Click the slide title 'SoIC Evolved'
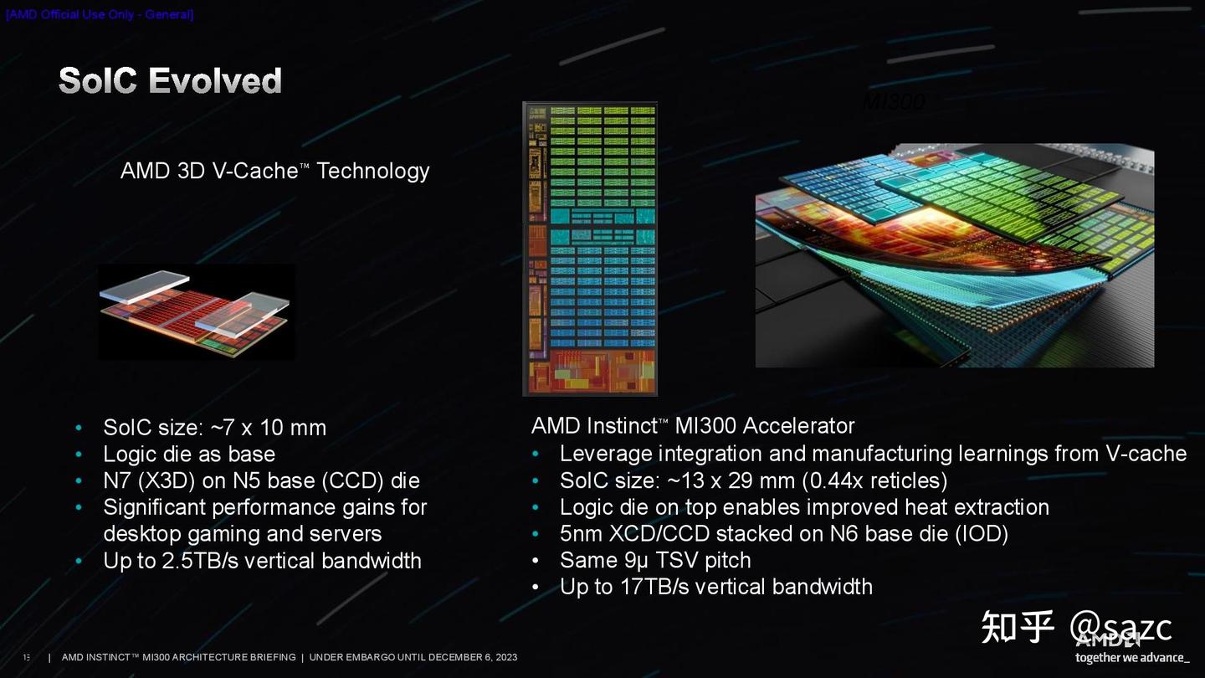click(x=170, y=81)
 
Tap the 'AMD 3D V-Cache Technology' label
click(x=274, y=171)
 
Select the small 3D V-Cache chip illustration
click(x=196, y=312)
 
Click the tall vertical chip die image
click(x=590, y=249)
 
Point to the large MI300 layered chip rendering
click(x=954, y=255)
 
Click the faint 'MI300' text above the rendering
click(x=894, y=102)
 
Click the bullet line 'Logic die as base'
click(x=189, y=455)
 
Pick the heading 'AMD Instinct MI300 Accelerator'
click(x=693, y=426)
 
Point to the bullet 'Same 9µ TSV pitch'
click(x=655, y=560)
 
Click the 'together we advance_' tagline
click(x=1131, y=658)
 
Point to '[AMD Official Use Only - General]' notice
click(x=100, y=15)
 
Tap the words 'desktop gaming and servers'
click(x=242, y=534)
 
